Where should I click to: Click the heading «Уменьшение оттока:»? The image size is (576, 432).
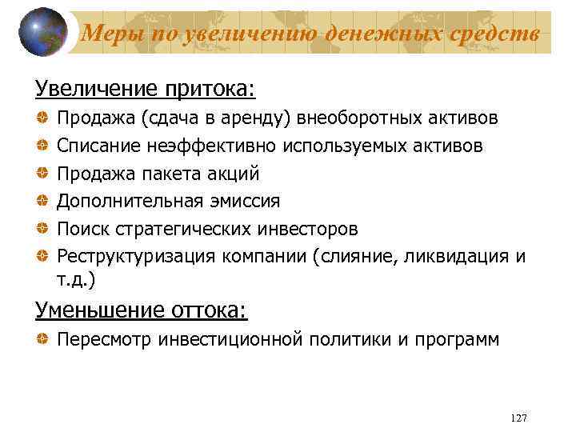(x=141, y=309)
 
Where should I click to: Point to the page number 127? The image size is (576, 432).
(x=518, y=419)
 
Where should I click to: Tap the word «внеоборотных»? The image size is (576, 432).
(x=359, y=118)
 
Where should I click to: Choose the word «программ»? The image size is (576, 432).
(x=455, y=339)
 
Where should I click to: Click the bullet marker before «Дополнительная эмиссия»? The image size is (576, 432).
(x=41, y=202)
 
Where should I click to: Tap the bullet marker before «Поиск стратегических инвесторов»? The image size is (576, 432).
(x=41, y=229)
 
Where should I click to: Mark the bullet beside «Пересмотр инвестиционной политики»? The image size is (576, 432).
(x=41, y=339)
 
